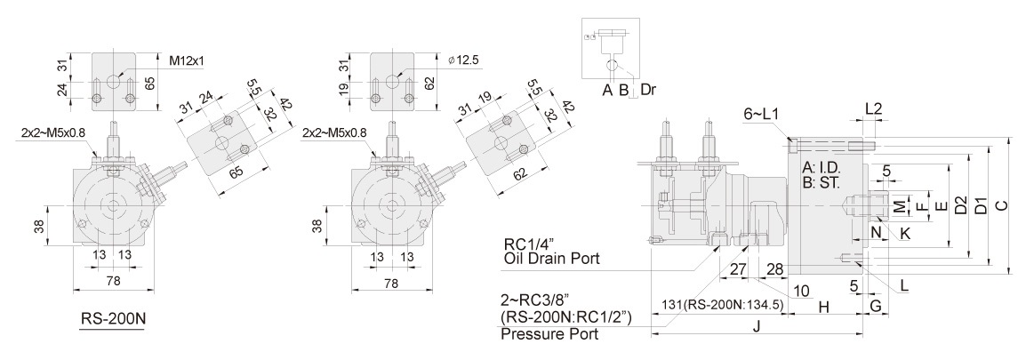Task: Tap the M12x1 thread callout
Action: tap(187, 60)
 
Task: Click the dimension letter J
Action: tap(756, 325)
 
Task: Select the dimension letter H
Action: tap(823, 307)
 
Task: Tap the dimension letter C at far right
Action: tap(1001, 205)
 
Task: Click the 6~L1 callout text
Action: tap(761, 115)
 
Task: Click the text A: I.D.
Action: tap(822, 167)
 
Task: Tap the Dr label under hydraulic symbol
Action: tap(651, 90)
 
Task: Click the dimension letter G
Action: tap(875, 307)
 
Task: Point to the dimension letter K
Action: tap(905, 233)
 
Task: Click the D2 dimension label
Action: tap(960, 205)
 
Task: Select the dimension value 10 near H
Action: tap(801, 290)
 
